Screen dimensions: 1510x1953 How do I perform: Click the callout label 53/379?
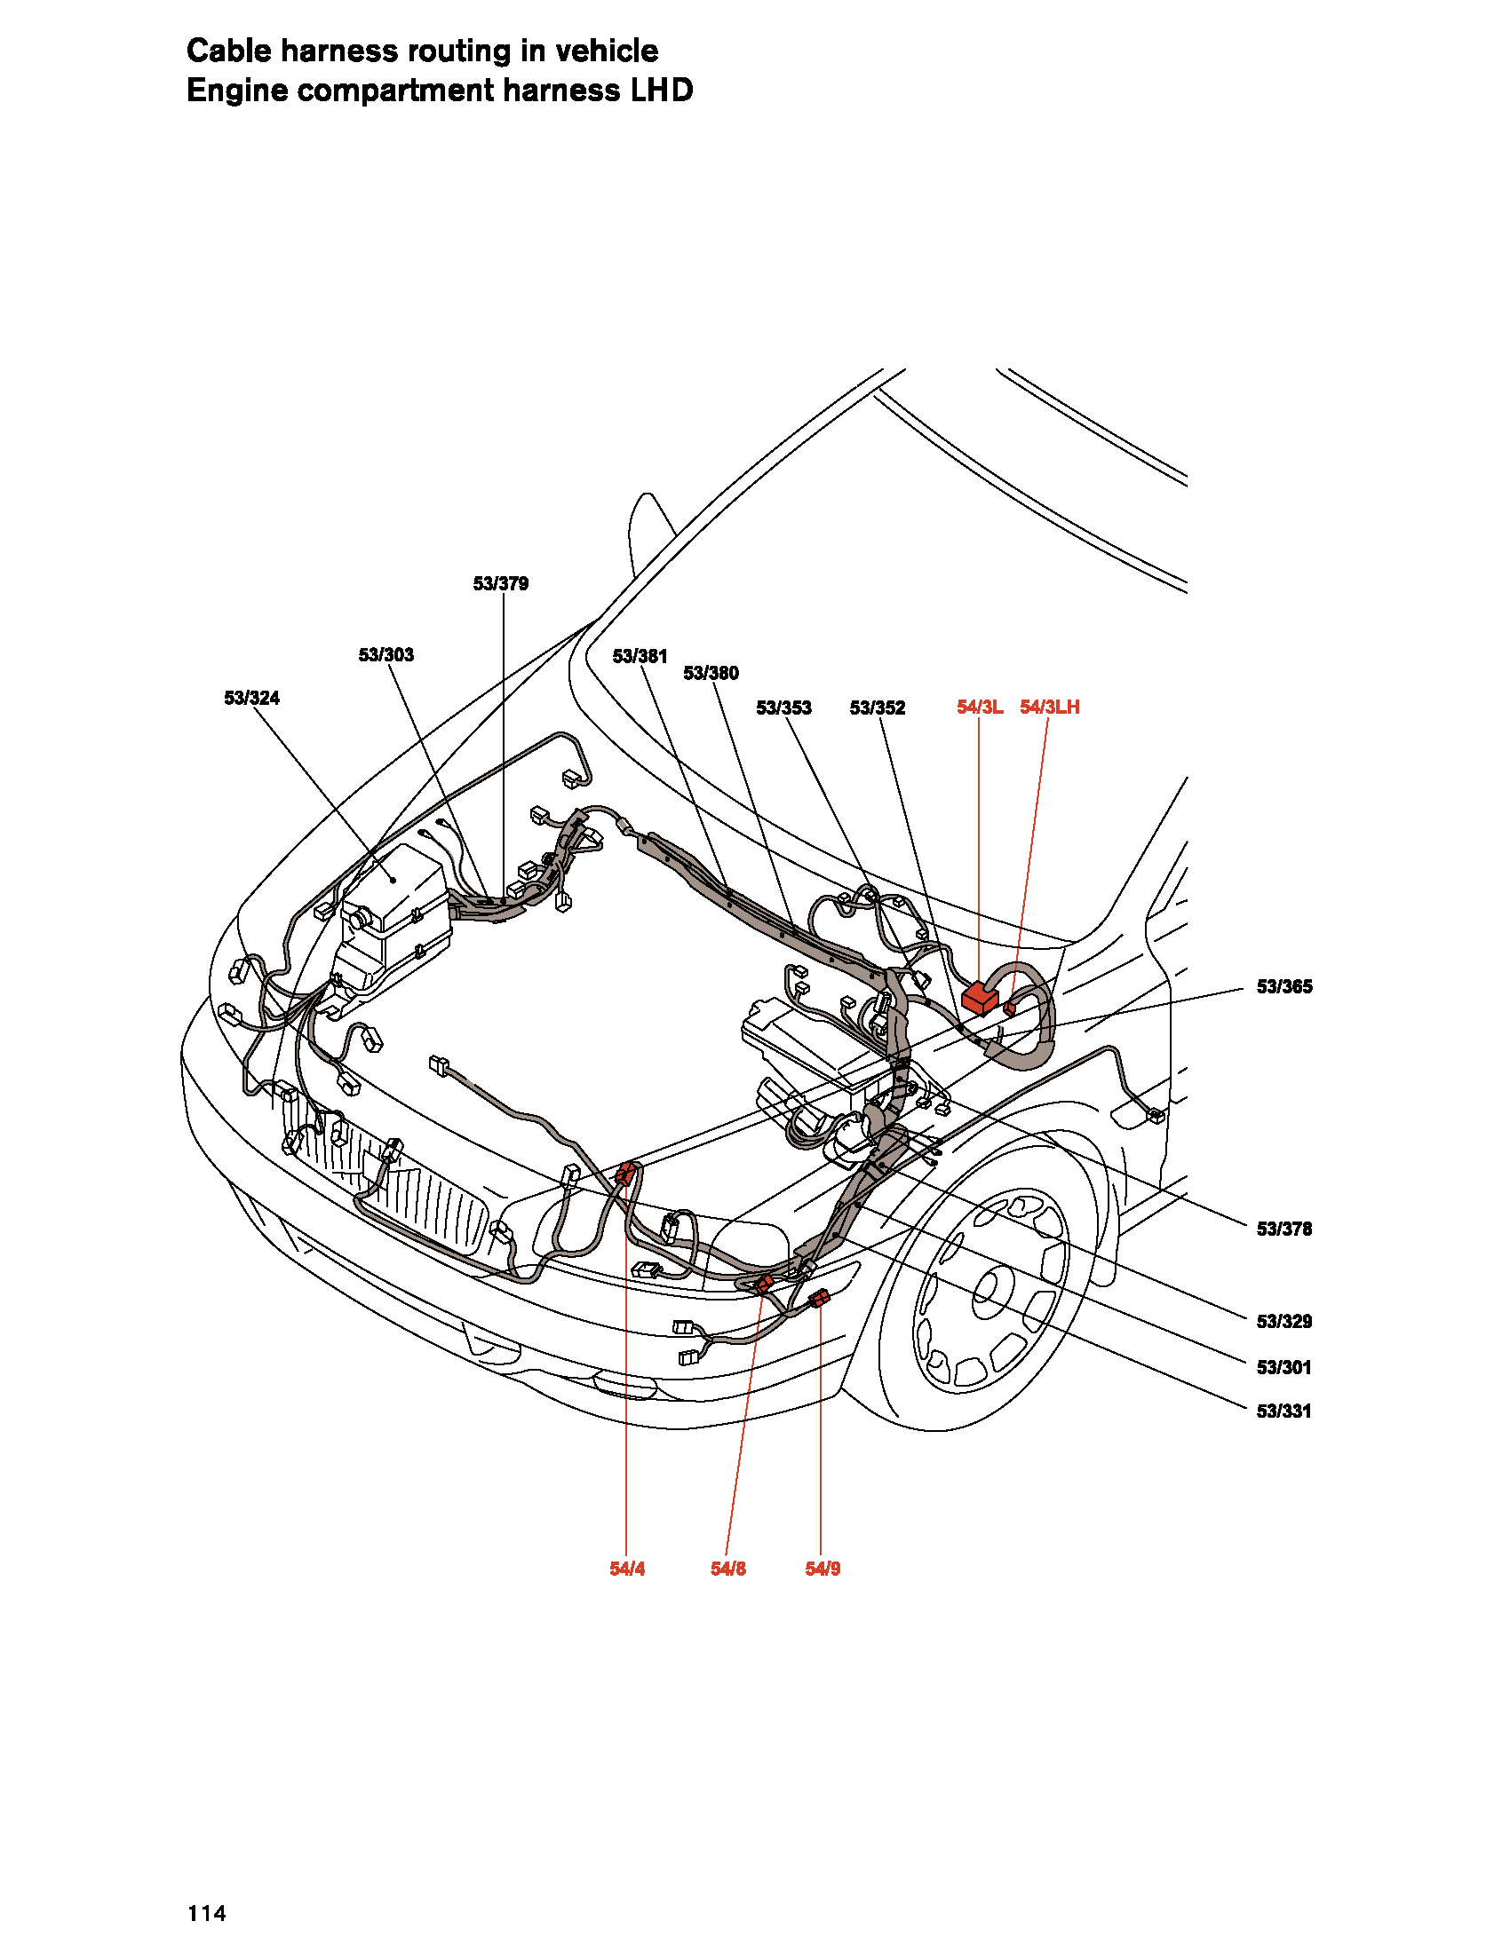[501, 584]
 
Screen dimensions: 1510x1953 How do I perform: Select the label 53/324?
[252, 698]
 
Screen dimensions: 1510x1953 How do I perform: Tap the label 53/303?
[386, 654]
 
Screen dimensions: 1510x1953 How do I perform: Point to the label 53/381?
[640, 656]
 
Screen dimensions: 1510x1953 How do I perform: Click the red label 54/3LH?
[1050, 707]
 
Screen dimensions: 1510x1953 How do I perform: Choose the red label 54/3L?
[981, 707]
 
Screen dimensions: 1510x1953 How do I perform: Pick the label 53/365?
[1284, 986]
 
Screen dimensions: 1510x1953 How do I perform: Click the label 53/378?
[1284, 1229]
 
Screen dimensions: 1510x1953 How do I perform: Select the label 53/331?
[1284, 1411]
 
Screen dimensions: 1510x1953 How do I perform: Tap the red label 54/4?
[627, 1569]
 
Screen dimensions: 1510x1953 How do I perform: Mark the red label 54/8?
[728, 1569]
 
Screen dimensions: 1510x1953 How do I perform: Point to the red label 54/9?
[823, 1569]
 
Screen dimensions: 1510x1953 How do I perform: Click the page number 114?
[207, 1914]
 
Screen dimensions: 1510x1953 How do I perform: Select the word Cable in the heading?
[229, 51]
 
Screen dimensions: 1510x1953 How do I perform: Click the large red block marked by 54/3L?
[981, 997]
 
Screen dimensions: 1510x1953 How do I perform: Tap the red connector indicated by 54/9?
[820, 1299]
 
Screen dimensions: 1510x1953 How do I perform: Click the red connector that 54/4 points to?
[627, 1174]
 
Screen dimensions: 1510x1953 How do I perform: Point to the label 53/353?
[784, 708]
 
